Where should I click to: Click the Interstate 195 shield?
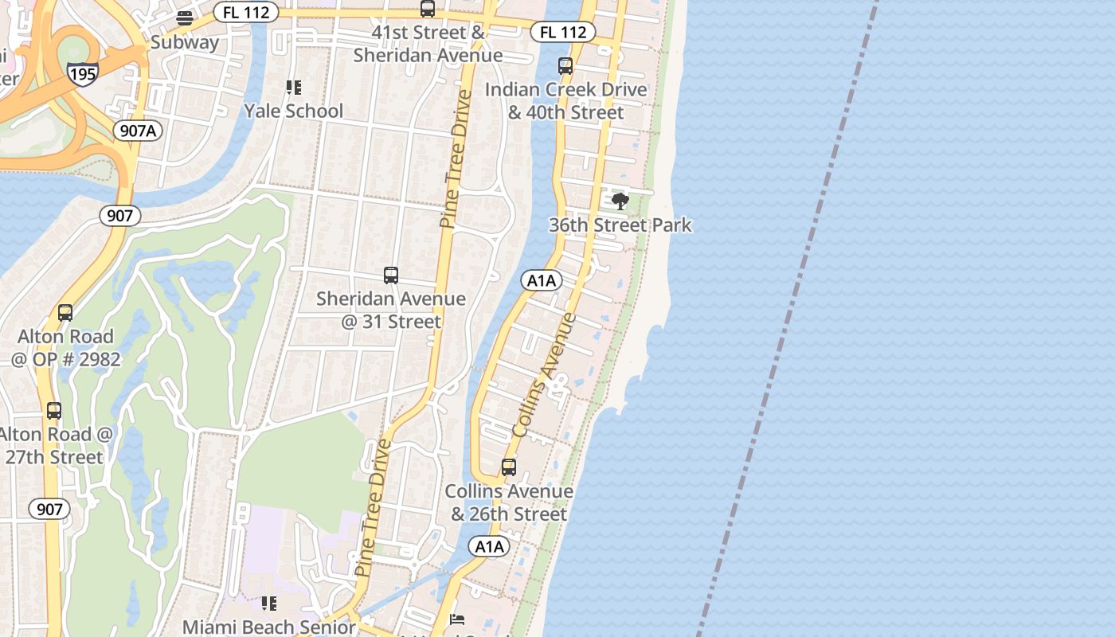(83, 73)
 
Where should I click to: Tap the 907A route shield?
(139, 131)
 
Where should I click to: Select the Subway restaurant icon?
(185, 18)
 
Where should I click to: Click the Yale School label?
(293, 111)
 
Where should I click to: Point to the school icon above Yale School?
(293, 87)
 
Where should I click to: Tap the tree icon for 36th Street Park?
(620, 201)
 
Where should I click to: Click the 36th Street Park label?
(620, 225)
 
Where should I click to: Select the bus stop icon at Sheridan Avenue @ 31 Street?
(391, 276)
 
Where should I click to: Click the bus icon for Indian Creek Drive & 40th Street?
(565, 66)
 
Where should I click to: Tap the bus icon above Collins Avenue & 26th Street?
(509, 467)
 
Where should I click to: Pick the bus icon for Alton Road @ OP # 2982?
(65, 313)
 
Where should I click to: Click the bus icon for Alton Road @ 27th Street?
(54, 411)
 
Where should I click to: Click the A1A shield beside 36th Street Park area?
(542, 280)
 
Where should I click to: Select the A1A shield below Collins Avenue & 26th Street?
(489, 546)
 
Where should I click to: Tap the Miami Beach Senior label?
(269, 627)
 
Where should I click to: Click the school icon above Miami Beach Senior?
(269, 604)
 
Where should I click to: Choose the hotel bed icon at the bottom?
(457, 619)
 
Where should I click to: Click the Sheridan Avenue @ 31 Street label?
(390, 310)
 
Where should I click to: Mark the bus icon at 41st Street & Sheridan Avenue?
(428, 9)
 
